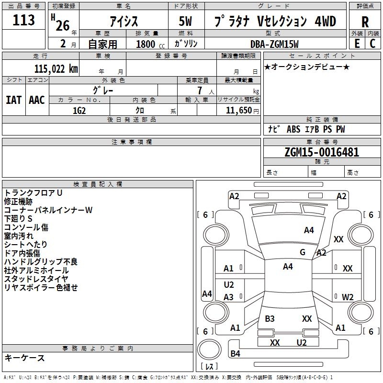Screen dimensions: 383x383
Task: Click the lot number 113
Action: [24, 20]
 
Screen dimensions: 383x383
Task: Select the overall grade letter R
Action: [365, 22]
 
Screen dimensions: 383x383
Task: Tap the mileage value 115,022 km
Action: [56, 69]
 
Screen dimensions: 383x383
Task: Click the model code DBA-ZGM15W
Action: [274, 44]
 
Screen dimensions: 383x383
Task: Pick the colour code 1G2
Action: [79, 110]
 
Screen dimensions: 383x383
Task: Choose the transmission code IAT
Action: [14, 100]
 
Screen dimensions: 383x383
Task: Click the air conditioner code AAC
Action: [37, 100]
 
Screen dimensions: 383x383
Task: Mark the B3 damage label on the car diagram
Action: [270, 319]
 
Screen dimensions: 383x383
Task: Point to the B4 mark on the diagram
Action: [236, 354]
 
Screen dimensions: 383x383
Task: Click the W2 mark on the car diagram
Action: [348, 297]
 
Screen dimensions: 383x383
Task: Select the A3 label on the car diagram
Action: [229, 297]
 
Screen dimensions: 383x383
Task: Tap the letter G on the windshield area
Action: [303, 252]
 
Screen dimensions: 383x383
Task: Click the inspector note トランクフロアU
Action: [34, 193]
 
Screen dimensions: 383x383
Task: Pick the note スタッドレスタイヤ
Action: [36, 279]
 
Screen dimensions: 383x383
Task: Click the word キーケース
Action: [24, 358]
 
